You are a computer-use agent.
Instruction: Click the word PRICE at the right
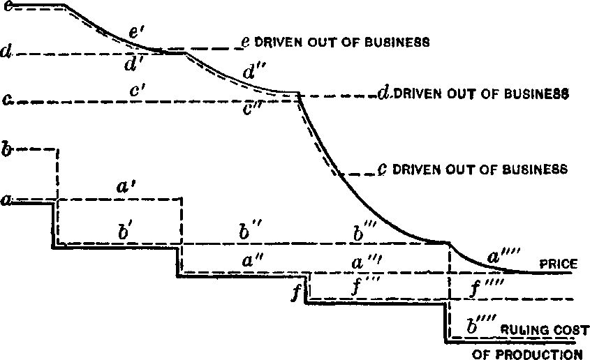tap(559, 264)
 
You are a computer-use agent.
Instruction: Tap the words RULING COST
tap(544, 330)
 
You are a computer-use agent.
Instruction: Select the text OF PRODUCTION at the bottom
tap(527, 354)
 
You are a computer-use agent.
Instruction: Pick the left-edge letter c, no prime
tap(7, 100)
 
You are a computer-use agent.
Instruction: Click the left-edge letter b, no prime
tap(6, 148)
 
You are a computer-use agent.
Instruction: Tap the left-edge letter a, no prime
tap(6, 200)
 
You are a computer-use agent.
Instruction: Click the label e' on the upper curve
tap(135, 33)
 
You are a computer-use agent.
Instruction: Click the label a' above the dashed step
tap(124, 187)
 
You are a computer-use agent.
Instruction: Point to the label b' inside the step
tap(125, 232)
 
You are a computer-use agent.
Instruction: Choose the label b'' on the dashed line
tap(250, 232)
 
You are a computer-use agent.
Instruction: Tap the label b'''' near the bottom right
tap(481, 325)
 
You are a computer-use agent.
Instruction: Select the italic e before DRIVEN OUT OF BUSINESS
tap(246, 42)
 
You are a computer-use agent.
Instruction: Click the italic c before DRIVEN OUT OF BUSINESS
tap(382, 169)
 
